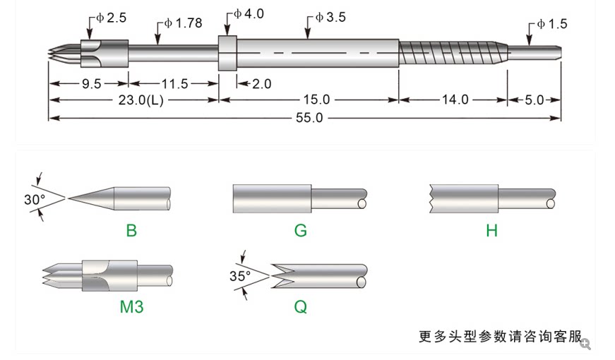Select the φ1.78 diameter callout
click(x=183, y=23)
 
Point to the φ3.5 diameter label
click(x=330, y=18)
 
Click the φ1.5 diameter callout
click(x=551, y=24)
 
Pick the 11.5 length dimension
click(x=174, y=83)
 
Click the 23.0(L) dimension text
click(x=134, y=100)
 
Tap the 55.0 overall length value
click(x=308, y=117)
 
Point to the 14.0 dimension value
click(x=455, y=100)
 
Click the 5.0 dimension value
click(x=535, y=100)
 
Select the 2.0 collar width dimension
click(x=261, y=83)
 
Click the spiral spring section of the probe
click(x=452, y=54)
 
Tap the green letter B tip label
click(x=131, y=230)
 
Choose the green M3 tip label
click(x=131, y=308)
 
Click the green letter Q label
click(x=301, y=308)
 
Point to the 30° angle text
click(x=34, y=200)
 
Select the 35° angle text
click(x=240, y=276)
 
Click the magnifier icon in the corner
click(x=585, y=344)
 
